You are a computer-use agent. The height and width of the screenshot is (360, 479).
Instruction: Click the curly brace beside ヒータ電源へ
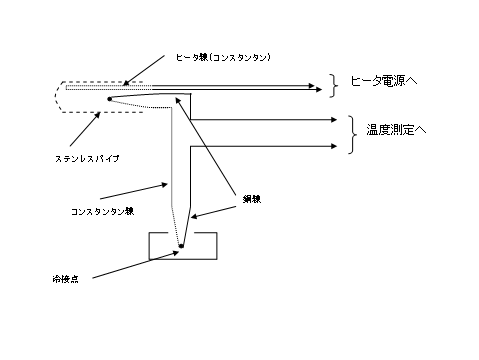tap(332, 86)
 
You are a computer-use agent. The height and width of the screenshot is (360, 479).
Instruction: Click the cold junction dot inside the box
tap(181, 245)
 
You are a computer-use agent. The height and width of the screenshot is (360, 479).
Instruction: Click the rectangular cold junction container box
tap(181, 252)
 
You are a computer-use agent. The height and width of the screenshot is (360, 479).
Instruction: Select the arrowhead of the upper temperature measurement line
tap(330, 120)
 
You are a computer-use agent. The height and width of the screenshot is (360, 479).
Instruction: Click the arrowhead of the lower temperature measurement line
tap(330, 147)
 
